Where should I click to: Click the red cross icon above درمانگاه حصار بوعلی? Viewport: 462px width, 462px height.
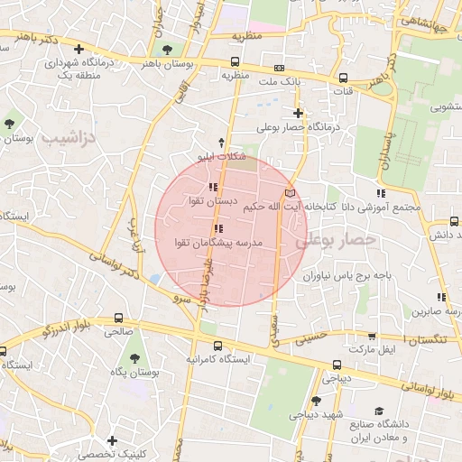pos(298,113)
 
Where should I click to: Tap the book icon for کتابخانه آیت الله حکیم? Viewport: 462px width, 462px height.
pos(289,192)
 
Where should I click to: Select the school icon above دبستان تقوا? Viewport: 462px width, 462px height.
pos(213,187)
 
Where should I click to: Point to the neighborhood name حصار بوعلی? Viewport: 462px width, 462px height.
pos(335,241)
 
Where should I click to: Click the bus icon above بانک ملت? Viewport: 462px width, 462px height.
pos(280,69)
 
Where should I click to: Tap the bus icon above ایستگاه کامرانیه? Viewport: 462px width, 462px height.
pos(217,345)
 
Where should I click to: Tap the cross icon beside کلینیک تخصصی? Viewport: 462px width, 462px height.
pos(111,440)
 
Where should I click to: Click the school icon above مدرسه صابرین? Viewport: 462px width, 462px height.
pos(441,297)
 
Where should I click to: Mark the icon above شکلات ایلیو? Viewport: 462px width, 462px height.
pos(223,142)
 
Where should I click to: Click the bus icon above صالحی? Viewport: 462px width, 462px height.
pos(119,318)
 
